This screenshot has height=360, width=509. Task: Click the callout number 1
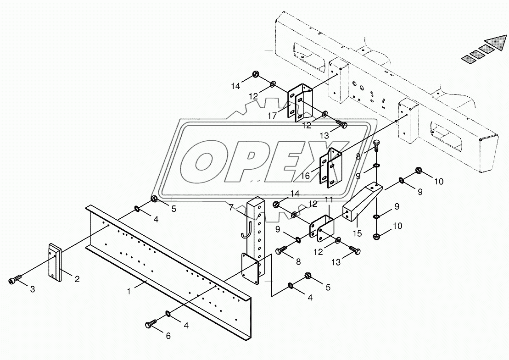pos(130,290)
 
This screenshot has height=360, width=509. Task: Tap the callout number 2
pos(77,278)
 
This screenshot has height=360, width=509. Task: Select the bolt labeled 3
pos(15,280)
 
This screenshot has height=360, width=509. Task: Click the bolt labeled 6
pos(150,325)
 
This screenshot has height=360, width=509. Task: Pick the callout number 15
pos(358,233)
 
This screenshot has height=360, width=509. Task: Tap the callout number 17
pos(272,116)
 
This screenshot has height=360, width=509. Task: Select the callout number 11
pos(329,200)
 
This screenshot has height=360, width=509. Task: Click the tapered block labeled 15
pos(361,204)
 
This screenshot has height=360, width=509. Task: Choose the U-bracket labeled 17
pos(300,103)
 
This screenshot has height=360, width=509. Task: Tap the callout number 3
pos(32,289)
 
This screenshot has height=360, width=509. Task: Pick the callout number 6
pos(168,336)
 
